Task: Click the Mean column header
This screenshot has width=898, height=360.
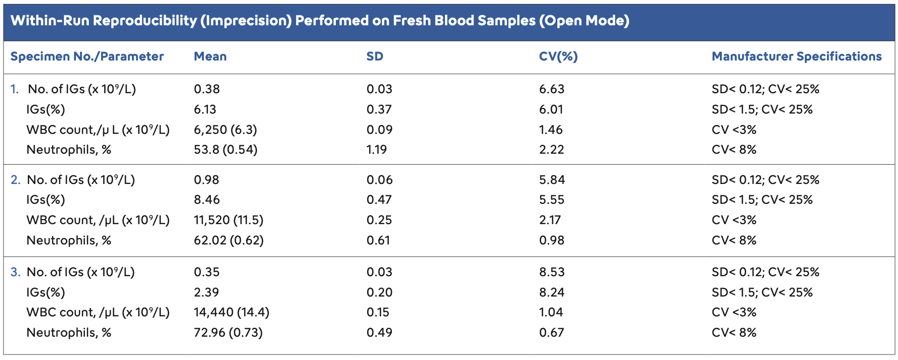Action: click(210, 57)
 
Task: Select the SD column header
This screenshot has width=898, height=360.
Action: click(375, 57)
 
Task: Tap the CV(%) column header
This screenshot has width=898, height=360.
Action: click(558, 57)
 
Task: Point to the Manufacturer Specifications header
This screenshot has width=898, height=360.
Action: click(796, 57)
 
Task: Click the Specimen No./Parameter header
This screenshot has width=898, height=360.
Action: click(87, 57)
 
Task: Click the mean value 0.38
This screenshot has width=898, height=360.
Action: click(206, 89)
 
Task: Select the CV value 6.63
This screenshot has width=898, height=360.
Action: click(552, 89)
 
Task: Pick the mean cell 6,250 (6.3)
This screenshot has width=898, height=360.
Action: click(225, 130)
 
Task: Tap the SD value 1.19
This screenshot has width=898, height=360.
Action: click(377, 150)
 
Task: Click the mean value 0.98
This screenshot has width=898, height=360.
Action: click(206, 180)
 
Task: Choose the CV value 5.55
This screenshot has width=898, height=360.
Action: click(552, 200)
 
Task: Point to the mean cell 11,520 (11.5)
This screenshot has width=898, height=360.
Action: click(228, 220)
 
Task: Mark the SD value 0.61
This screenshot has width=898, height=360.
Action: click(379, 240)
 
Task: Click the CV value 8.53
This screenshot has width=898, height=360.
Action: click(552, 272)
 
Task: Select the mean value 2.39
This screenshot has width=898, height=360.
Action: click(206, 293)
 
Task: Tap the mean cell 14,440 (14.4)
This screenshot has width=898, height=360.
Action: click(231, 312)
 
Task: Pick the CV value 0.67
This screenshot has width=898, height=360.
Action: click(552, 333)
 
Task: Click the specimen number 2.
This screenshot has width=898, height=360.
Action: click(15, 180)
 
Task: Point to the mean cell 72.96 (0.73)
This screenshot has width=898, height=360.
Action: click(228, 333)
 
